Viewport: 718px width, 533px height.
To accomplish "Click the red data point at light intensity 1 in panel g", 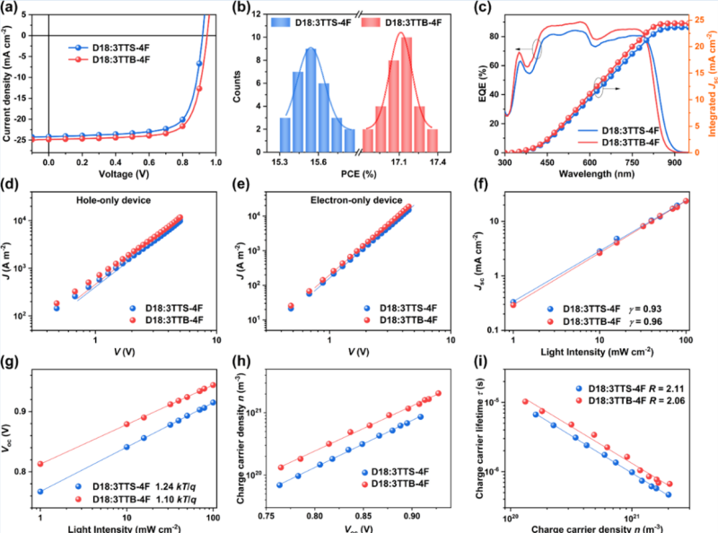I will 40,464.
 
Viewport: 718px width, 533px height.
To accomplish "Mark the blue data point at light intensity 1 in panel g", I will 40,492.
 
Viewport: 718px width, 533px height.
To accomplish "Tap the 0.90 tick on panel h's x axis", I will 411,518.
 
